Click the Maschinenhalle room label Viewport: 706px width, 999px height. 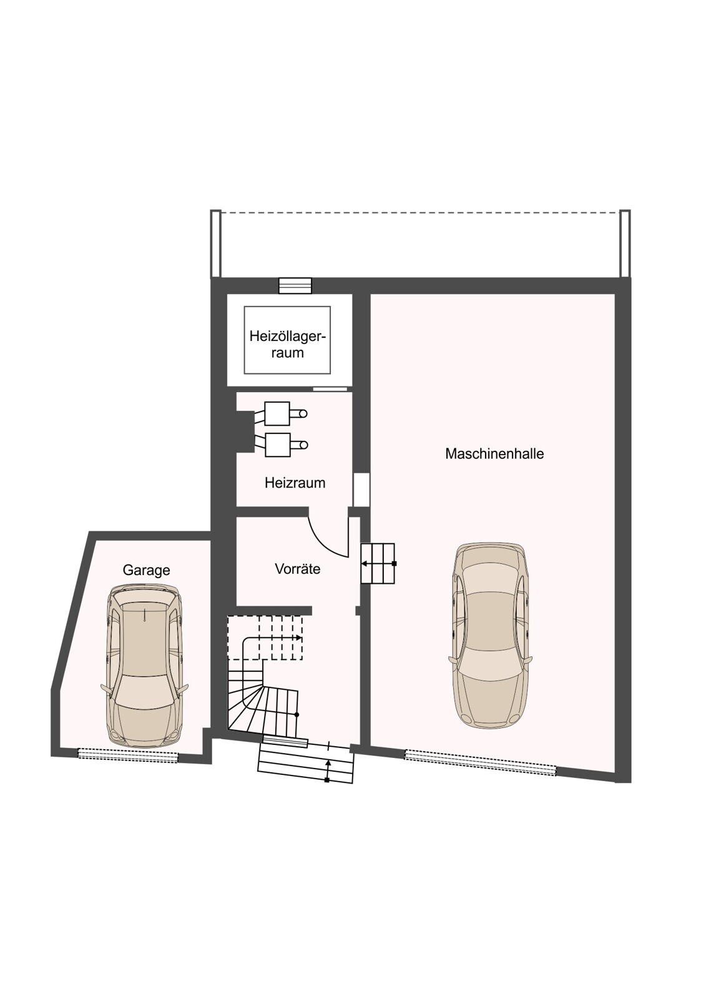tap(494, 454)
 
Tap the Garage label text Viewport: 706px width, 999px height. tap(146, 571)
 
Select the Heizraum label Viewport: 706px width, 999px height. tap(295, 483)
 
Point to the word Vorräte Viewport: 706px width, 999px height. tap(298, 569)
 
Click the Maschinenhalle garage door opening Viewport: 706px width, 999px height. tap(480, 763)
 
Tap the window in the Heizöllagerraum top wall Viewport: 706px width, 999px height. tap(295, 285)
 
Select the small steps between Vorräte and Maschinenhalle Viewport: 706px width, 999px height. tap(378, 563)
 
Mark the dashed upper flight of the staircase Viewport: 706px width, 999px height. tap(265, 637)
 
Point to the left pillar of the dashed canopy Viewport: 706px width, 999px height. tap(216, 244)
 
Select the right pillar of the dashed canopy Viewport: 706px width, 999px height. tap(625, 244)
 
